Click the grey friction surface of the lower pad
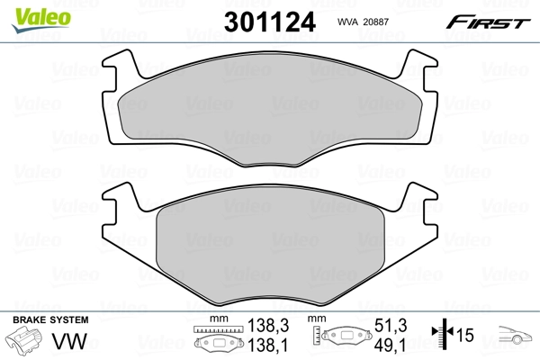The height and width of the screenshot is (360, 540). pos(270,243)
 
